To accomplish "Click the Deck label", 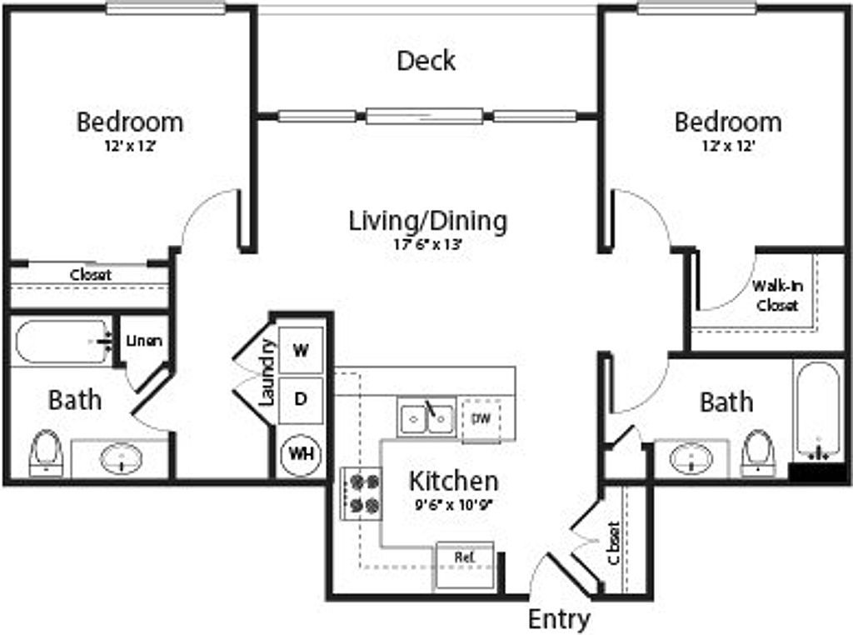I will pyautogui.click(x=426, y=61).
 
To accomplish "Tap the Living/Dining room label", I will pyautogui.click(x=427, y=222).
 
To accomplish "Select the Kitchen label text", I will pyautogui.click(x=453, y=481).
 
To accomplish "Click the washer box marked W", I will pyautogui.click(x=301, y=350).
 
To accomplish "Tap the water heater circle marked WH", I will pyautogui.click(x=301, y=454).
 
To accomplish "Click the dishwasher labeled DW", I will pyautogui.click(x=481, y=417).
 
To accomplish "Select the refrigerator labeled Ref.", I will pyautogui.click(x=465, y=556).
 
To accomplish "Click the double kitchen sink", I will pyautogui.click(x=426, y=417).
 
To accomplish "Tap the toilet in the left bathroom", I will pyautogui.click(x=45, y=452).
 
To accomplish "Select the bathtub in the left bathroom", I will pyautogui.click(x=62, y=342).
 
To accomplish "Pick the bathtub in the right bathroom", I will pyautogui.click(x=817, y=412).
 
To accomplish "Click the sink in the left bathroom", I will pyautogui.click(x=122, y=458).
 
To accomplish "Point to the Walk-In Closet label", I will pyautogui.click(x=777, y=296).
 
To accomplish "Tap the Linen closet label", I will pyautogui.click(x=144, y=341).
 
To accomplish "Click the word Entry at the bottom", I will pyautogui.click(x=559, y=620).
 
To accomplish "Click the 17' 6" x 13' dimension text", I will pyautogui.click(x=427, y=245).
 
